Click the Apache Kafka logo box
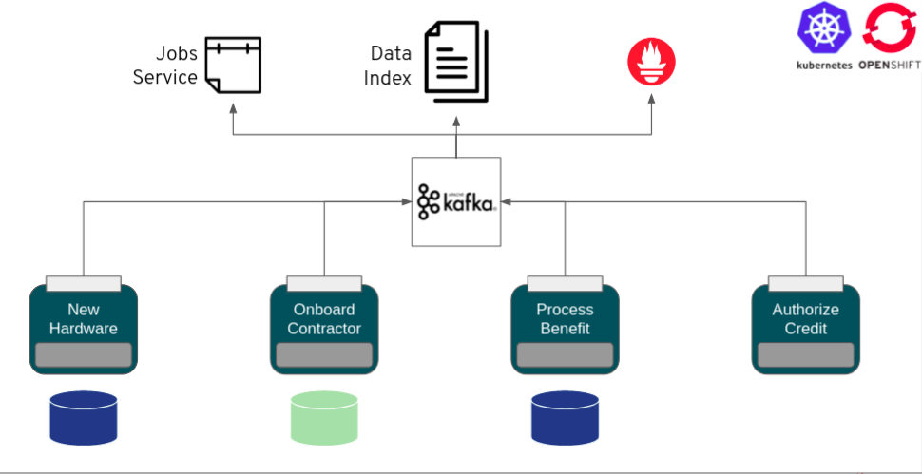(x=456, y=201)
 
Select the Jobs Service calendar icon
(x=233, y=65)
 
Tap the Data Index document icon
(x=456, y=61)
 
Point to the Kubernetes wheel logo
(x=823, y=28)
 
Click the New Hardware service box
(x=84, y=329)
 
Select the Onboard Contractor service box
(x=324, y=329)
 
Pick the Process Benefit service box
(x=565, y=329)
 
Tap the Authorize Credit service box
(x=805, y=329)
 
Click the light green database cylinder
(x=324, y=418)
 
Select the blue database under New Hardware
(x=84, y=418)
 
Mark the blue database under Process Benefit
(x=565, y=418)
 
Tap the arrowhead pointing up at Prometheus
(x=651, y=98)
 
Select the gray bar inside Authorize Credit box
(x=805, y=355)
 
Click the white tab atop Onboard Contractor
(x=324, y=283)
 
